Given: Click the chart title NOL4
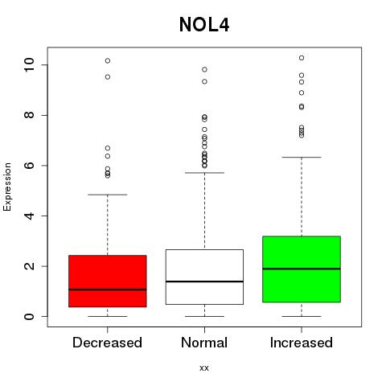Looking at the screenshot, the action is tap(204, 25).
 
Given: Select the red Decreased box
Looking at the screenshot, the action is tap(108, 281).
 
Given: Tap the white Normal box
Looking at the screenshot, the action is tap(204, 277).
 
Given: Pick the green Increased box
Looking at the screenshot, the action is tap(302, 269).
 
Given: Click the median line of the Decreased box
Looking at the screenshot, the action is tap(108, 289).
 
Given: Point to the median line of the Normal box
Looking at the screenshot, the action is tap(204, 281).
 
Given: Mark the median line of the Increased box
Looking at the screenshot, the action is tap(302, 269).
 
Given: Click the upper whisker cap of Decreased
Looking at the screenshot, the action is tap(108, 195).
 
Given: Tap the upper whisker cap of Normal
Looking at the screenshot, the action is tap(204, 173).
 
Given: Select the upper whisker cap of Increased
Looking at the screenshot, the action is tap(302, 157).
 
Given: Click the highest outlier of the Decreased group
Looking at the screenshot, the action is tap(108, 61).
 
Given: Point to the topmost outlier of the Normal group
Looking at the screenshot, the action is tap(204, 70).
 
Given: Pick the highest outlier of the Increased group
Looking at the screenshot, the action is tap(302, 58).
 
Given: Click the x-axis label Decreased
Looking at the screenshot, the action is tap(107, 343).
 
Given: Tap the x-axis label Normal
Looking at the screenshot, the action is tap(204, 343).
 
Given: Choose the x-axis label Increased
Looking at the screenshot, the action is tap(302, 343).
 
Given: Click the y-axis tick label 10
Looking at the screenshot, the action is tap(29, 65).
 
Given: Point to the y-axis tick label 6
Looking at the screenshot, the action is tap(29, 166).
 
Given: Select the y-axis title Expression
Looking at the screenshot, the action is tap(7, 187).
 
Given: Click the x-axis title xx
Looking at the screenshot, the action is tap(204, 368).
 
